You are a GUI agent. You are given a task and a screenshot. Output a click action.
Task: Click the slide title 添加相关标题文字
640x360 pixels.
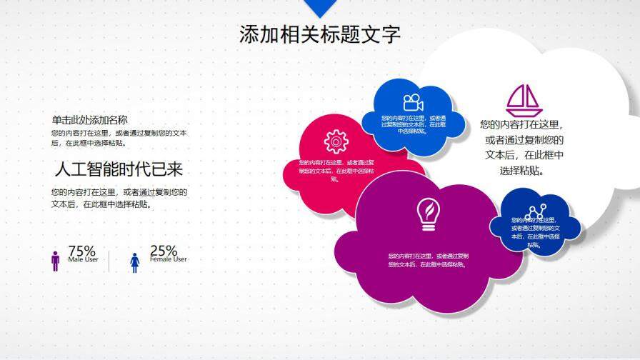pyautogui.click(x=320, y=34)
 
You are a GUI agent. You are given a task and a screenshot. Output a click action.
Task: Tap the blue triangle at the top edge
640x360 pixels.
pyautogui.click(x=319, y=6)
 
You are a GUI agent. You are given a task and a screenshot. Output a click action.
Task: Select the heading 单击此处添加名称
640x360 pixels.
pyautogui.click(x=89, y=120)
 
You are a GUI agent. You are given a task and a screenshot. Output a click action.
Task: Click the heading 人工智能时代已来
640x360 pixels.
pyautogui.click(x=119, y=169)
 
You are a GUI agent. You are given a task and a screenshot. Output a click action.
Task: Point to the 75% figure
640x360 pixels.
pyautogui.click(x=81, y=251)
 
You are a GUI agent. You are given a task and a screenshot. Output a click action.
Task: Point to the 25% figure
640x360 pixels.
pyautogui.click(x=164, y=251)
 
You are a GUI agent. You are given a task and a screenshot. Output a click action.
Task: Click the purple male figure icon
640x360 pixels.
pyautogui.click(x=56, y=261)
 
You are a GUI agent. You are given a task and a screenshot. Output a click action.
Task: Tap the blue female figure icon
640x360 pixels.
pyautogui.click(x=134, y=261)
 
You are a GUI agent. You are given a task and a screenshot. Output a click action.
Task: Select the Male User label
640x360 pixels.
pyautogui.click(x=83, y=260)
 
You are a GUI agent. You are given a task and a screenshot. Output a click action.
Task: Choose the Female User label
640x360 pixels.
pyautogui.click(x=169, y=260)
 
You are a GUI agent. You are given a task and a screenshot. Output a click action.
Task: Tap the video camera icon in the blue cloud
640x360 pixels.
pyautogui.click(x=413, y=103)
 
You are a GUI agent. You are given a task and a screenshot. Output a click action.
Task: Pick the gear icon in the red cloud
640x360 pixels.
pyautogui.click(x=335, y=141)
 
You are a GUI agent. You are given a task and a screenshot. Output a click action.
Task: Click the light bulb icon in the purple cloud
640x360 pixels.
pyautogui.click(x=429, y=214)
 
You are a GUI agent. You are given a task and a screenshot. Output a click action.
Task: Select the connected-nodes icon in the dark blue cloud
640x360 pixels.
pyautogui.click(x=535, y=211)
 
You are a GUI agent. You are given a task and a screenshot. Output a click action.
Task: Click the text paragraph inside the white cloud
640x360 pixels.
pyautogui.click(x=524, y=147)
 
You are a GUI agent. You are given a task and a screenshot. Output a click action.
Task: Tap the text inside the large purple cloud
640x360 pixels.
pyautogui.click(x=428, y=260)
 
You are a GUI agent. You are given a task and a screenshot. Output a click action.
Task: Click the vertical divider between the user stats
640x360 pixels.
pyautogui.click(x=109, y=261)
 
